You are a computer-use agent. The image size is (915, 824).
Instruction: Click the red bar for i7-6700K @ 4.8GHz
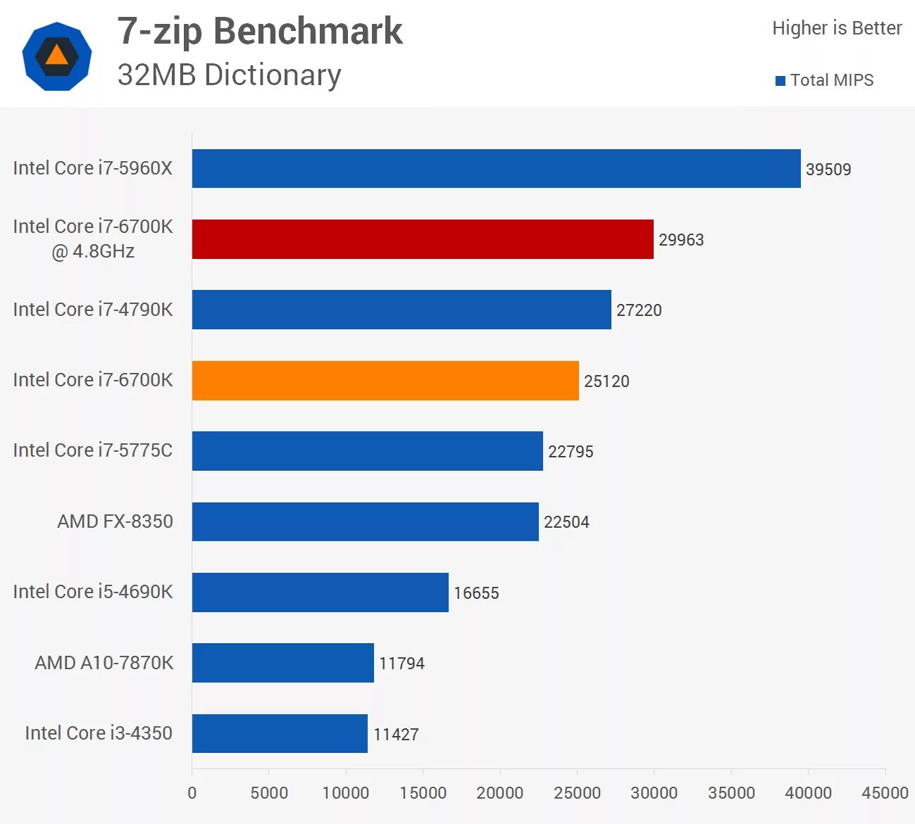tap(423, 239)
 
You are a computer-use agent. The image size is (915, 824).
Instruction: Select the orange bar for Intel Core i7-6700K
tap(385, 381)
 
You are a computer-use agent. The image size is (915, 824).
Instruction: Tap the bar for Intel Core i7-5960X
tap(496, 169)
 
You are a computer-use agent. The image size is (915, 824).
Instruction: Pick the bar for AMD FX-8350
tap(365, 521)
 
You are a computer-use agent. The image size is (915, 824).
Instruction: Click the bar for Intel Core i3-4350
tap(280, 733)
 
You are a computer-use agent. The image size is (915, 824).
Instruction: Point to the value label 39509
tap(828, 170)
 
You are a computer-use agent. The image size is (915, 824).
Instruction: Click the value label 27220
tap(639, 310)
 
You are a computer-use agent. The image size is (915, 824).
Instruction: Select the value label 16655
tap(476, 593)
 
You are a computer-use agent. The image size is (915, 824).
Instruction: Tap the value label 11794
tap(402, 664)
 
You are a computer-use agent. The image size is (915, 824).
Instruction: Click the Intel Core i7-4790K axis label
tap(93, 310)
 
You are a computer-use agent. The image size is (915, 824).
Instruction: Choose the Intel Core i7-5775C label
tap(93, 450)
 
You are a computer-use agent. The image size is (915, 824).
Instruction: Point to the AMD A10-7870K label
tap(104, 663)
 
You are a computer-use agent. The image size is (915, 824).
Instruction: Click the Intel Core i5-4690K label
tap(93, 592)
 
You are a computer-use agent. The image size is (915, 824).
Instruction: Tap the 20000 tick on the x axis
tap(499, 793)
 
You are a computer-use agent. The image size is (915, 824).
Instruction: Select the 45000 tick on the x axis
tap(885, 793)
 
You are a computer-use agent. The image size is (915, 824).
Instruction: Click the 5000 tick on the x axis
tap(269, 793)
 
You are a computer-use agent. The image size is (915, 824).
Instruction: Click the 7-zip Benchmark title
tap(260, 32)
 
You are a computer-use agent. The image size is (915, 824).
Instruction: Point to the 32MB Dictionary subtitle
tap(229, 75)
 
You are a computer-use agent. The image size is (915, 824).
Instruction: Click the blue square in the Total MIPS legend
tap(780, 81)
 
